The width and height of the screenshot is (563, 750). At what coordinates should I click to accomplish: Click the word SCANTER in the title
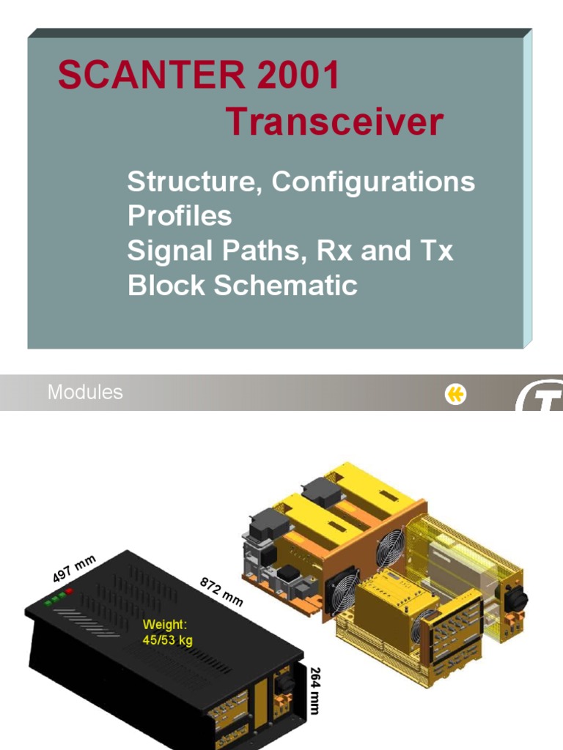[x=136, y=75]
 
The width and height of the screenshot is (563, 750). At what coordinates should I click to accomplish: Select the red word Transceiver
[x=334, y=122]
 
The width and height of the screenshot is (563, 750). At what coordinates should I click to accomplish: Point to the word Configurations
[x=373, y=182]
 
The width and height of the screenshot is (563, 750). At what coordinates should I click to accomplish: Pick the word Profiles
[x=180, y=216]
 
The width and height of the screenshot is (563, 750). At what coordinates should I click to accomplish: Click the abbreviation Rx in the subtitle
[x=333, y=250]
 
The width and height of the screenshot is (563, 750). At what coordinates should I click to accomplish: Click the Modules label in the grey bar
[x=85, y=393]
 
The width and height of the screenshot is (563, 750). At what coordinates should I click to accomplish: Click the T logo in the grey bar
[x=540, y=398]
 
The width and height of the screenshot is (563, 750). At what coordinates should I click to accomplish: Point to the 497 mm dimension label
[x=73, y=569]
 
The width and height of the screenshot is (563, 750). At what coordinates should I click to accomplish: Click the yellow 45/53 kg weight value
[x=168, y=640]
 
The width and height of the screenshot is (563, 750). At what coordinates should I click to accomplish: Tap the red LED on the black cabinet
[x=69, y=590]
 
